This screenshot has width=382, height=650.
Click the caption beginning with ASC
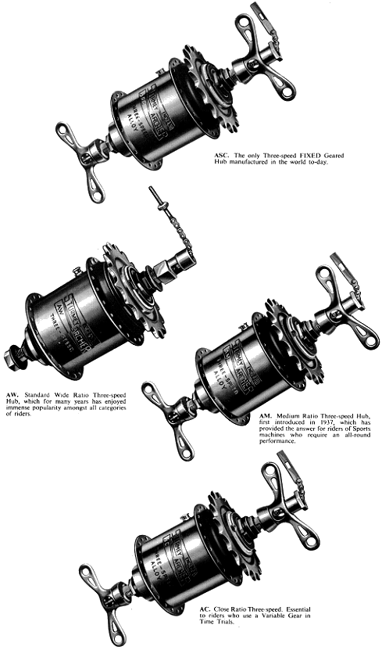click(278, 160)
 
